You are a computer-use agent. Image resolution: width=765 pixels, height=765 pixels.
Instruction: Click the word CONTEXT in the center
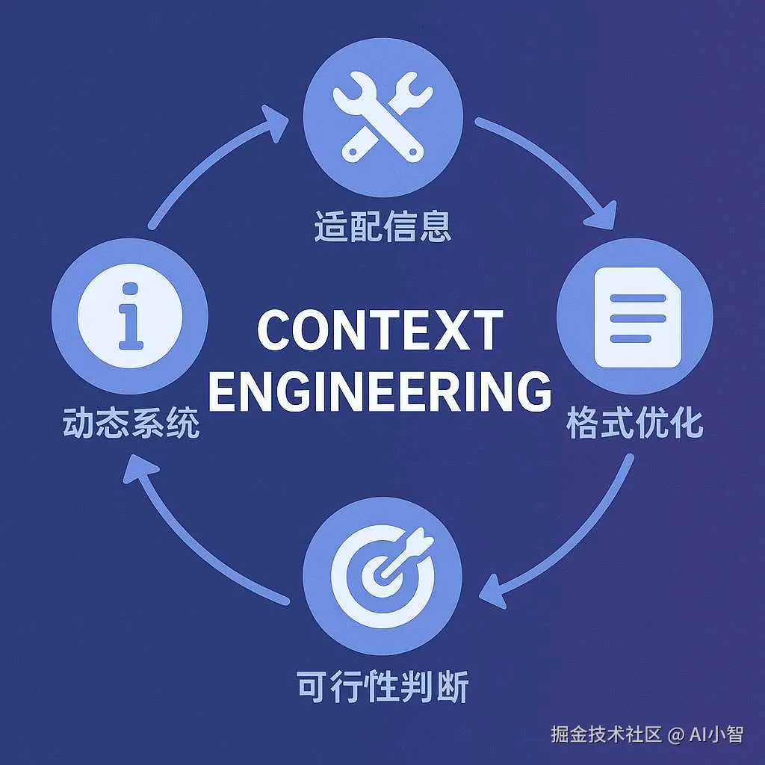click(380, 330)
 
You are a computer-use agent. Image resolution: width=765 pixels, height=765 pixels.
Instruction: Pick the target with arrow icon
click(382, 575)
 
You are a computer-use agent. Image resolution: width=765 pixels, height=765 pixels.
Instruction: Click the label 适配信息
click(382, 226)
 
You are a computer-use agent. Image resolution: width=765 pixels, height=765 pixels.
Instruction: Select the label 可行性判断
click(382, 687)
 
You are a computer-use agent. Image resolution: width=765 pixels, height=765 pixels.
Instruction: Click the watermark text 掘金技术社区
click(607, 734)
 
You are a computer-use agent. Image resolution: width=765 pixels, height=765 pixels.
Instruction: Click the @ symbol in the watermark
click(675, 735)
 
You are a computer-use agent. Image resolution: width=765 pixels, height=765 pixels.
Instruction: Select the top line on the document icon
click(637, 298)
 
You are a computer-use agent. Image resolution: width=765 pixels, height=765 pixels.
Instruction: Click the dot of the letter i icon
click(131, 288)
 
